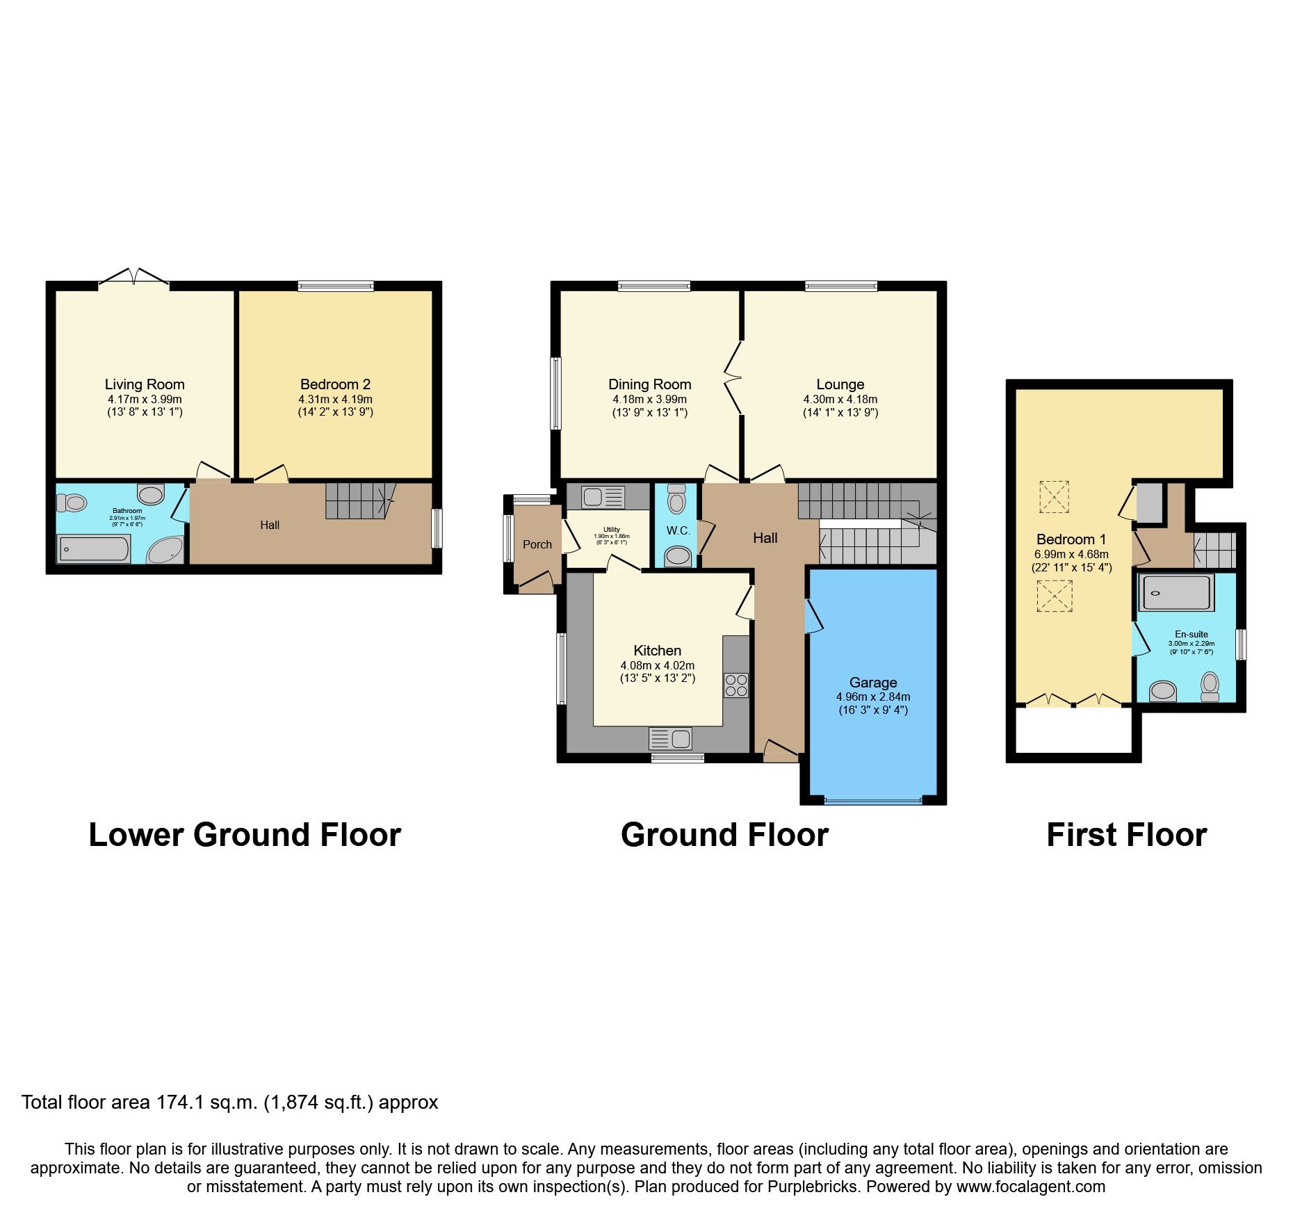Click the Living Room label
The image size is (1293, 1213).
145,384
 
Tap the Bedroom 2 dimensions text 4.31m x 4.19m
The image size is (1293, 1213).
335,400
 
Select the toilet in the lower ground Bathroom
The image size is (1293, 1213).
71,501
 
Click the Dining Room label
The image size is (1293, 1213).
649,384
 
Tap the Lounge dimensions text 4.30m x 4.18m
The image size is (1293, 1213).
840,400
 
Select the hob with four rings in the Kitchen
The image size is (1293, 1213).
736,685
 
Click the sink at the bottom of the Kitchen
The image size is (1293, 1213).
670,738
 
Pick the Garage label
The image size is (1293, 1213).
872,683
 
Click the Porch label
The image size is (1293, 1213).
537,544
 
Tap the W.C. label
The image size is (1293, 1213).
678,531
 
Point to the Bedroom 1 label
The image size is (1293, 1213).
1071,539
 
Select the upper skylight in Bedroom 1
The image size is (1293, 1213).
1054,497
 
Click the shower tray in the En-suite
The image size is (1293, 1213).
1176,593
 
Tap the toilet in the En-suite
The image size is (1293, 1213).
1210,686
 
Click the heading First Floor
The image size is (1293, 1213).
1126,835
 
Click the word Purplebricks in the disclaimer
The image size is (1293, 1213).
813,1187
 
